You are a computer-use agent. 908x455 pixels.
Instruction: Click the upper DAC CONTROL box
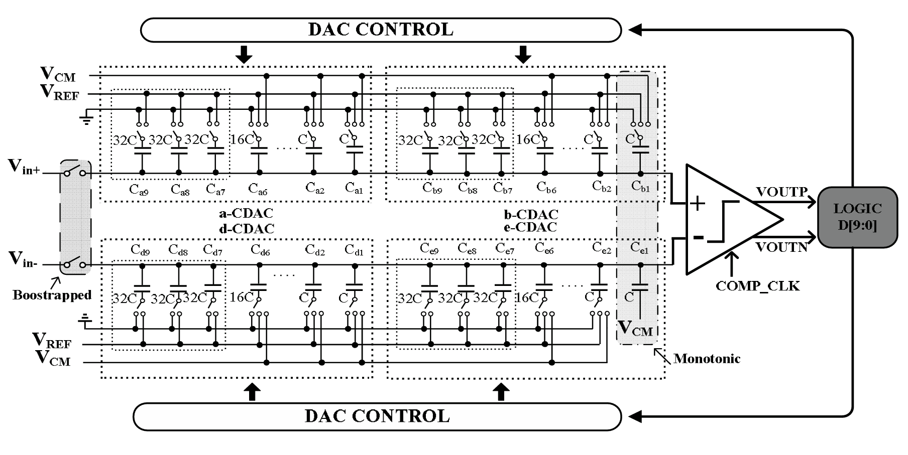click(381, 30)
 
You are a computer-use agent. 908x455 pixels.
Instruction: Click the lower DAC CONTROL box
click(377, 416)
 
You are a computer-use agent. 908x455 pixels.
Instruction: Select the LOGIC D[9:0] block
click(857, 217)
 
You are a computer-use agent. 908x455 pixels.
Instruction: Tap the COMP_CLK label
click(758, 286)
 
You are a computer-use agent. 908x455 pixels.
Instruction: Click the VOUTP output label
click(781, 192)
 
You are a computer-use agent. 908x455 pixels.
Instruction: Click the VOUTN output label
click(781, 247)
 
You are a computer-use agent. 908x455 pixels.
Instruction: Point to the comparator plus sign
click(698, 203)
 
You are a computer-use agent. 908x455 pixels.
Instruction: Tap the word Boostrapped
click(52, 295)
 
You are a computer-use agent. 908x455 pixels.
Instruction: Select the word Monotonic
click(707, 359)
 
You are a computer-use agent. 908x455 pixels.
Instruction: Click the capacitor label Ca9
click(139, 190)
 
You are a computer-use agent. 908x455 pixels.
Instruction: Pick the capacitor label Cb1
click(640, 187)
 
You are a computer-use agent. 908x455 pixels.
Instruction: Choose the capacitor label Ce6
click(544, 247)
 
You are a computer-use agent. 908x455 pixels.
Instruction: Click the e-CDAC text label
click(530, 227)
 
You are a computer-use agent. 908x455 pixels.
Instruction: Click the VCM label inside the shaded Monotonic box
click(635, 328)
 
